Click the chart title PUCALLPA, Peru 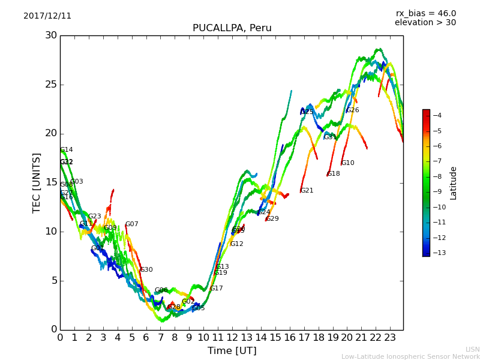click(232, 28)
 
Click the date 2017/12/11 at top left click(47, 16)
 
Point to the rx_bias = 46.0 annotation click(425, 14)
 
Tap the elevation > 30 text click(425, 23)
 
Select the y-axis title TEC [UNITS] click(37, 182)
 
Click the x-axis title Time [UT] click(232, 350)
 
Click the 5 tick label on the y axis click(53, 280)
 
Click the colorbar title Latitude click(454, 183)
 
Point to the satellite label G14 click(67, 150)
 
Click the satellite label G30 click(146, 270)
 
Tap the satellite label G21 click(307, 191)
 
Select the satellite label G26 click(353, 110)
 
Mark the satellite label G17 click(217, 289)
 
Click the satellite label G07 click(132, 224)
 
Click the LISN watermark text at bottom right click(472, 349)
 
